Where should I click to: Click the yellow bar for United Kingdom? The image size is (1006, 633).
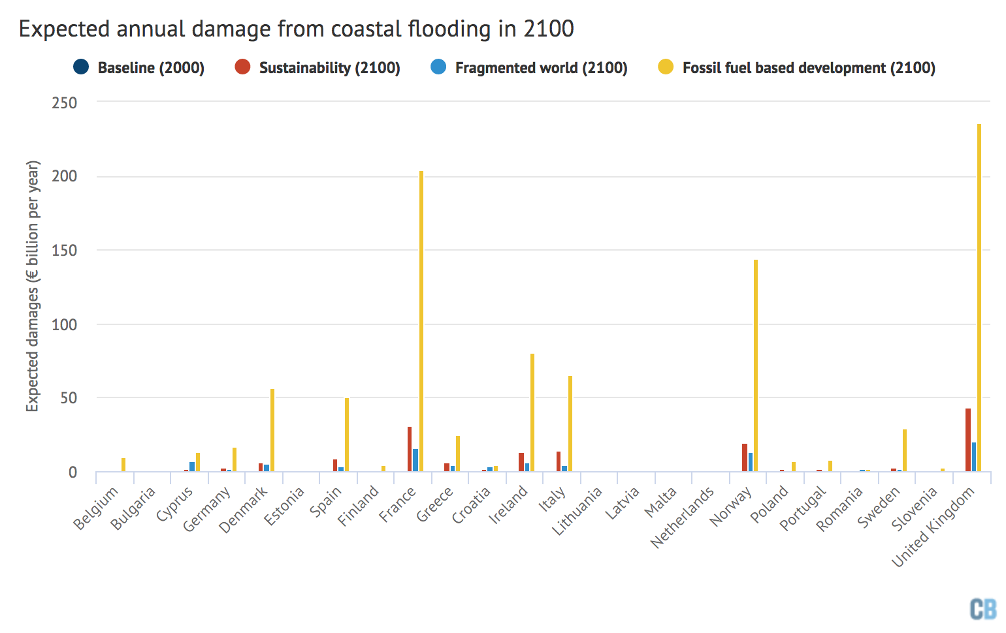pos(979,298)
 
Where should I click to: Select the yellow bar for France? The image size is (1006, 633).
pos(421,321)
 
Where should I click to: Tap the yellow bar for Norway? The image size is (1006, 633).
pos(756,365)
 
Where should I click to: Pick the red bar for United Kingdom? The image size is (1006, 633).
pos(967,440)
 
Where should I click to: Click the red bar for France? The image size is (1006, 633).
pos(410,449)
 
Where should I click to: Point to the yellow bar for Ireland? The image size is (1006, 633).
pos(532,412)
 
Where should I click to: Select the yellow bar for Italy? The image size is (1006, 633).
pos(570,424)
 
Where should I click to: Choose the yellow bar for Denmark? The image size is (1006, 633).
pos(272,430)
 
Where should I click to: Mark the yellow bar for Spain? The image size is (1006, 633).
pos(347,435)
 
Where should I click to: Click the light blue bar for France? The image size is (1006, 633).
pos(415,460)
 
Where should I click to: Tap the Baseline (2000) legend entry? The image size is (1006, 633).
pos(139,68)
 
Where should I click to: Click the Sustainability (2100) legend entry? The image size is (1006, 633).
pos(317,68)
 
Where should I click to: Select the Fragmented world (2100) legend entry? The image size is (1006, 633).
pos(529,68)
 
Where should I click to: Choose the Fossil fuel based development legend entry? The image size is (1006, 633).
pos(797,68)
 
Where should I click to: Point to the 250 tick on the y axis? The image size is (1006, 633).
pos(65,103)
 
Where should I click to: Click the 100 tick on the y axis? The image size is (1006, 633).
pos(65,324)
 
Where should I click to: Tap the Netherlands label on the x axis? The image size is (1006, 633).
pos(683,517)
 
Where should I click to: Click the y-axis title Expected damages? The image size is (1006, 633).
pos(33,286)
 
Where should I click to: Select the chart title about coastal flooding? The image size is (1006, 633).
pos(296,29)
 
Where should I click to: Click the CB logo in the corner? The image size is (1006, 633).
pos(983,609)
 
